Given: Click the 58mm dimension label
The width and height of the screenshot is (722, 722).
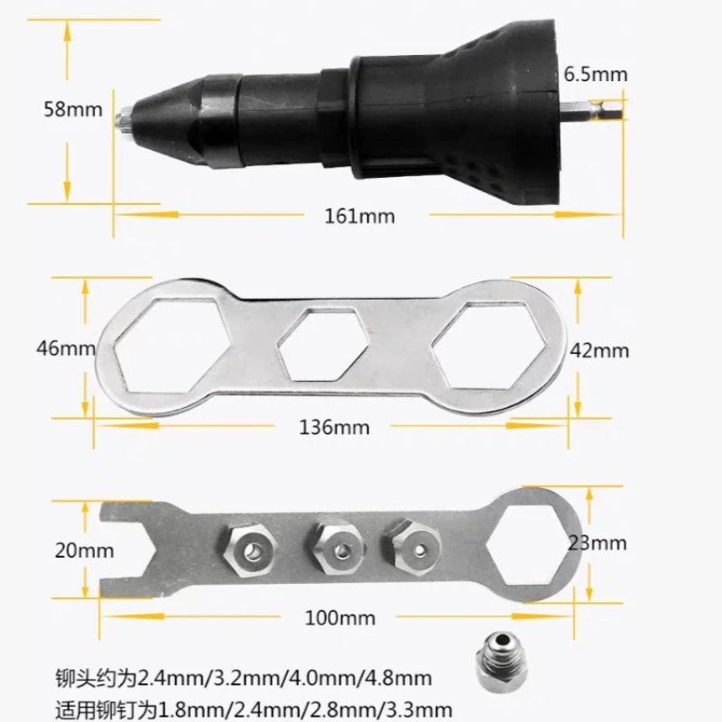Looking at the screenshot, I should point(73,109).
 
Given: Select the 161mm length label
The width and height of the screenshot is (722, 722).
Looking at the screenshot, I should point(360,217).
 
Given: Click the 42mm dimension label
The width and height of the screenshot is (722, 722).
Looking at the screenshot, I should point(599,351).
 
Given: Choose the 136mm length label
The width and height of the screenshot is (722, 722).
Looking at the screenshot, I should point(335,427).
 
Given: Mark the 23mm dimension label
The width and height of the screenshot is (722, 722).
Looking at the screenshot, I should point(597,542).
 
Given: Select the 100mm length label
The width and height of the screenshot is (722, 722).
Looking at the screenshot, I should point(340,618).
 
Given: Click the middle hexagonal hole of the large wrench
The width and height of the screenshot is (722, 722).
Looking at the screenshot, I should point(319,345).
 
